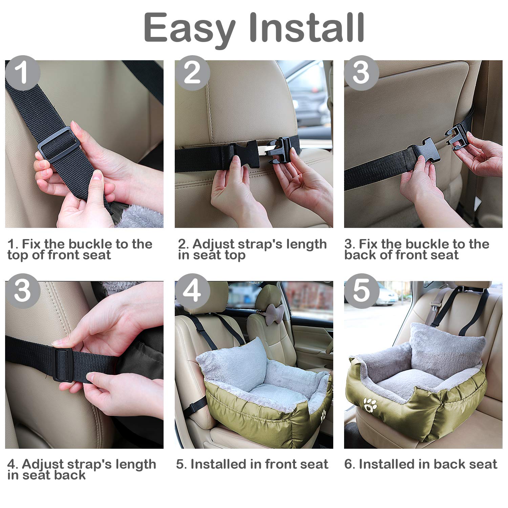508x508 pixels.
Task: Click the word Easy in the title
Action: pos(190,28)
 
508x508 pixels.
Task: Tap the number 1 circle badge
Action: pos(23,73)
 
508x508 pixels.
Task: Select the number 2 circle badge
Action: pos(192,73)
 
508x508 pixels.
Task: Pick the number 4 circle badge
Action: pos(192,291)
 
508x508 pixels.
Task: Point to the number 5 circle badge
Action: pos(361,291)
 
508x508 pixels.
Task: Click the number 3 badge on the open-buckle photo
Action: pos(361,73)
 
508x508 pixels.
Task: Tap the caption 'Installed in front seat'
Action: pos(252,464)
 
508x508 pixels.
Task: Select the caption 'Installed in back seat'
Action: pos(421,464)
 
